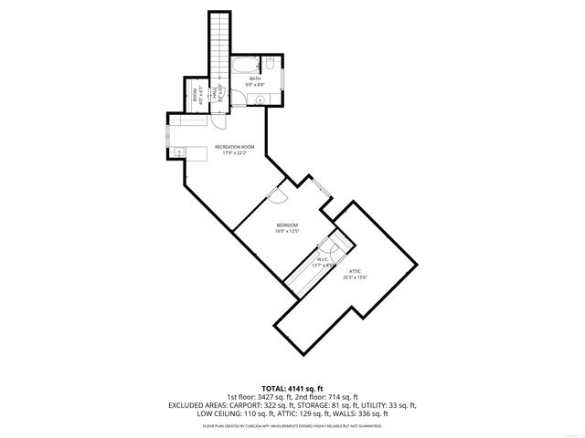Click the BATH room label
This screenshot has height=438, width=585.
point(256,78)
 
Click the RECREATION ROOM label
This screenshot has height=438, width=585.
point(234,146)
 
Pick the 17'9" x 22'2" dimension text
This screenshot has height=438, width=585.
point(234,152)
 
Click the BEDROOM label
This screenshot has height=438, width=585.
point(288,224)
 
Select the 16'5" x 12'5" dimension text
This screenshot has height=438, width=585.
point(288,231)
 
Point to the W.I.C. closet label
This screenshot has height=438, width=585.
point(323,259)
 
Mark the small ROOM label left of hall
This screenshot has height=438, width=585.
point(196,95)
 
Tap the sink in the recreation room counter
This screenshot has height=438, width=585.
point(179,151)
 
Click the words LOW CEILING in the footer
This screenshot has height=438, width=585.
point(217,413)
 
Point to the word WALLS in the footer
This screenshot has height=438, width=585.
point(350,413)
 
